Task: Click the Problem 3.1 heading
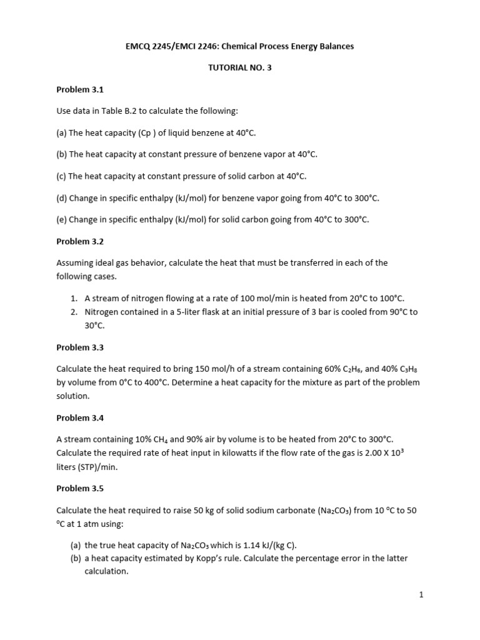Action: pyautogui.click(x=79, y=89)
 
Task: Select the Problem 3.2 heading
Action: pyautogui.click(x=79, y=241)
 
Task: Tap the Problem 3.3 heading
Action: pyautogui.click(x=79, y=347)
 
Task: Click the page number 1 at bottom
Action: pyautogui.click(x=422, y=595)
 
